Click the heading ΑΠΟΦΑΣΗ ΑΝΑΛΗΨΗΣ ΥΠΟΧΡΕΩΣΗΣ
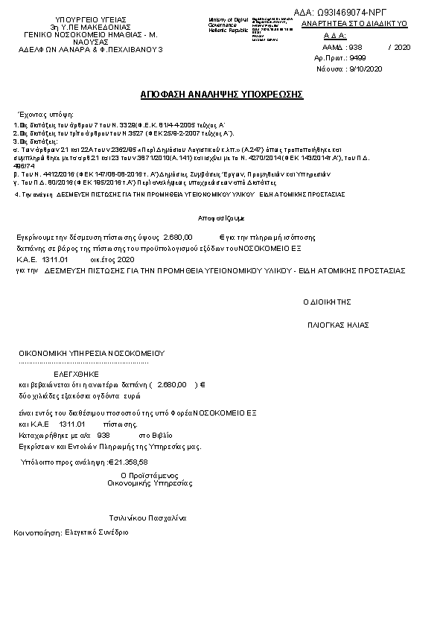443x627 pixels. [221, 96]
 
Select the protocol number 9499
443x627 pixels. [357, 57]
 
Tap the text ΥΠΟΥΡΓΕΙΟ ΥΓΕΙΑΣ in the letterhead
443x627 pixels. [86, 18]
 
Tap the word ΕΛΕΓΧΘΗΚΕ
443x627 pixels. [76, 373]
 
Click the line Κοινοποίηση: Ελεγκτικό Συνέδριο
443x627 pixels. [71, 532]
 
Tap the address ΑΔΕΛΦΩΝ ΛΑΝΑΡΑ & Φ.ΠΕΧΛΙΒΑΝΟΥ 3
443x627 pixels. [90, 49]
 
